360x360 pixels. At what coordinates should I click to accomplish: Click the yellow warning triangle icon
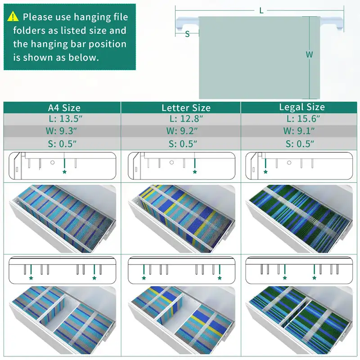(x=13, y=17)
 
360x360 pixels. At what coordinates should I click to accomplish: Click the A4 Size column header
(x=64, y=108)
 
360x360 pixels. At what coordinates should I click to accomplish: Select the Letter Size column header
(x=186, y=108)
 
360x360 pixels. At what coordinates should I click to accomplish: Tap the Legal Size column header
(x=302, y=107)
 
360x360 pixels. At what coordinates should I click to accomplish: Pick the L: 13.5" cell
(x=66, y=119)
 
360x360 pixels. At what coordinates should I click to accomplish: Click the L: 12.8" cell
(x=186, y=119)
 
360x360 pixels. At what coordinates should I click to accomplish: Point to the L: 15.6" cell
(x=303, y=119)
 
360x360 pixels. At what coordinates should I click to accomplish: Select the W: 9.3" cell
(x=61, y=131)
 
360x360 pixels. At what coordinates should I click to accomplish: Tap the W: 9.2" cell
(x=182, y=131)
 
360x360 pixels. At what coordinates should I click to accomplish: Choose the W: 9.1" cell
(x=299, y=131)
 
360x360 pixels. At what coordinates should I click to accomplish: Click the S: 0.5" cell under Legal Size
(x=300, y=144)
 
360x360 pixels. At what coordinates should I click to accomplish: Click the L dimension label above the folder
(x=261, y=10)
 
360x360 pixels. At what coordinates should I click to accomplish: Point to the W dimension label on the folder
(x=309, y=54)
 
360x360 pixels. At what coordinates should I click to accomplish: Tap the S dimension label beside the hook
(x=187, y=34)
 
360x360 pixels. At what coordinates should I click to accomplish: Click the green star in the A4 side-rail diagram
(x=64, y=172)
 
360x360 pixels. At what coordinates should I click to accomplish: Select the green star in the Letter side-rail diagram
(x=195, y=172)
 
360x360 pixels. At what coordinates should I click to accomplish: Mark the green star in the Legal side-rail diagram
(x=265, y=172)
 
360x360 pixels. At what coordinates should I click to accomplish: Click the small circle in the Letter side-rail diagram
(x=171, y=162)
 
